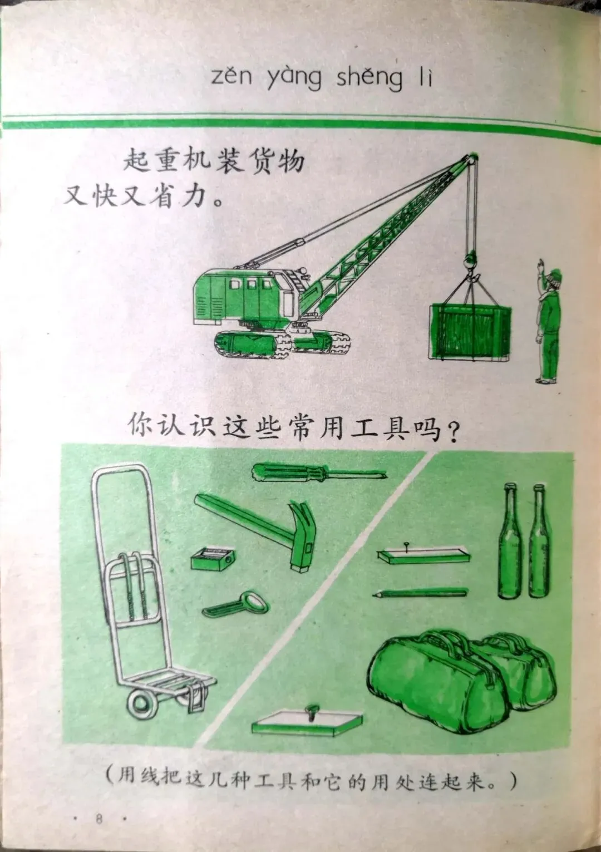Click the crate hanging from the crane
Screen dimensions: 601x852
pos(470,331)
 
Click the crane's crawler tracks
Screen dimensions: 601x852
pos(282,343)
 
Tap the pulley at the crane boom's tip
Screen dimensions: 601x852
pos(472,159)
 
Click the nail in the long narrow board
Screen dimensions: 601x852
pos(407,545)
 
